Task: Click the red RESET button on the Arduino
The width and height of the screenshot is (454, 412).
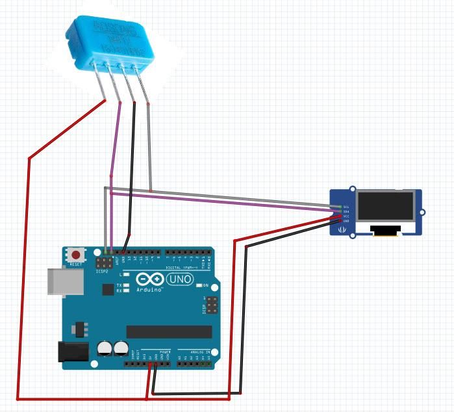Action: tap(77, 255)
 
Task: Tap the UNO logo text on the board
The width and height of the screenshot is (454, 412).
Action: tap(180, 279)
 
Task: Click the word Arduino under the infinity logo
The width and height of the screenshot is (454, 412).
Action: tap(149, 290)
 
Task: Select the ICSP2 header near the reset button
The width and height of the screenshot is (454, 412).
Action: tap(103, 264)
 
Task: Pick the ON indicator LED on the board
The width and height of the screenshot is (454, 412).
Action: tap(197, 285)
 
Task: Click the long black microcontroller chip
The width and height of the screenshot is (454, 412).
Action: tap(169, 331)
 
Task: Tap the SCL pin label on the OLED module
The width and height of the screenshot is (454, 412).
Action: tap(346, 207)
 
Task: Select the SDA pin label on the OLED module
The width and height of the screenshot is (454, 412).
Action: tap(346, 211)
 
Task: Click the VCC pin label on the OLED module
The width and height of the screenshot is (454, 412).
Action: tap(346, 216)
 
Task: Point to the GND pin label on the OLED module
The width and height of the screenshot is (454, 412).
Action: tap(346, 221)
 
